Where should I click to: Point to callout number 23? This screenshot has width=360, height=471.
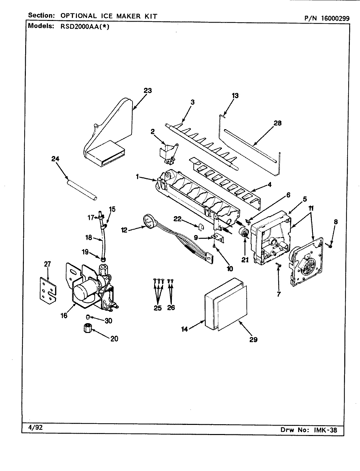148,90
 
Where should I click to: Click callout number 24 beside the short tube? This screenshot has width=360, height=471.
55,159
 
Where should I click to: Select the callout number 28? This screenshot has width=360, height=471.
277,123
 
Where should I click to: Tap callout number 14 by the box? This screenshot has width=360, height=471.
185,329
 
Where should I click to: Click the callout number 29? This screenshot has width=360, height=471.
253,340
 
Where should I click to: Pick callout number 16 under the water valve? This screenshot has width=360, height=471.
64,316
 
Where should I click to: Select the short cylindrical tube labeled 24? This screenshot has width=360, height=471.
81,190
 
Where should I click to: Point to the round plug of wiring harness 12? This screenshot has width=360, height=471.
149,220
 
